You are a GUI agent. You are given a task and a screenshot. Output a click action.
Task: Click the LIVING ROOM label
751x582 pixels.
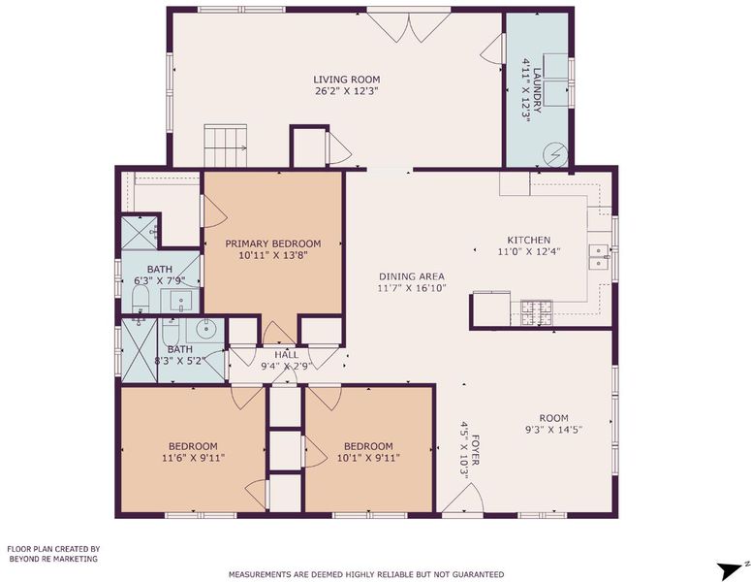point(346,80)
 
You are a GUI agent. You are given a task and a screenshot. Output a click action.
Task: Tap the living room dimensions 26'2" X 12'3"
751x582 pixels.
point(347,91)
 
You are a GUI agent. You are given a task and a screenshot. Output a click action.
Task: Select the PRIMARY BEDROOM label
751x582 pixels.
point(273,243)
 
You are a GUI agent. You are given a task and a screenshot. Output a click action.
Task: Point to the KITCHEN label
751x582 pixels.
point(529,240)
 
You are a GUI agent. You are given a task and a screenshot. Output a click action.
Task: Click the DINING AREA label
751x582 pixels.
point(412,276)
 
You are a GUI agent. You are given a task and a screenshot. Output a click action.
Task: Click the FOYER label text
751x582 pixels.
point(476,450)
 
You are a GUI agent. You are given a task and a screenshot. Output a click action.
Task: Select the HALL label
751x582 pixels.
point(287,355)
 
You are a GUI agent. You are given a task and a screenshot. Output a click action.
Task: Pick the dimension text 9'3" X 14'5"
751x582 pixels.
point(553,430)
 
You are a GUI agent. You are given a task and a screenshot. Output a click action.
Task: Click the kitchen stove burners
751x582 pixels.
point(537,312)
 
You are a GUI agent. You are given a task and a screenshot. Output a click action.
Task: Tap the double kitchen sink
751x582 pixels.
point(599,257)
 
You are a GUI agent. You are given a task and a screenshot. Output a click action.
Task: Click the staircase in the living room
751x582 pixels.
point(226,145)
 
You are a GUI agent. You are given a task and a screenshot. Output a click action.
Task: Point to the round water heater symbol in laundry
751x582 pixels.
point(555,155)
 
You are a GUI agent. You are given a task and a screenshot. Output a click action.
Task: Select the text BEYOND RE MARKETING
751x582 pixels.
point(53,559)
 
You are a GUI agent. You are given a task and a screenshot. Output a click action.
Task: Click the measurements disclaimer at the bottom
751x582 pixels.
point(366,574)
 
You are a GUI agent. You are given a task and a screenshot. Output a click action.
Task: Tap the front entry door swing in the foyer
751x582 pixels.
point(462,499)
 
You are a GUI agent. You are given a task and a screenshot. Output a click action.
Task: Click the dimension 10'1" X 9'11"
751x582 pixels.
point(368,458)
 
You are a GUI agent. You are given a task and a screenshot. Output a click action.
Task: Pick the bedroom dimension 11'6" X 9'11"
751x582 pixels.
point(193,458)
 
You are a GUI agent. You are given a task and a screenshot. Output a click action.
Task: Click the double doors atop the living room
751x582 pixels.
point(409,25)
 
